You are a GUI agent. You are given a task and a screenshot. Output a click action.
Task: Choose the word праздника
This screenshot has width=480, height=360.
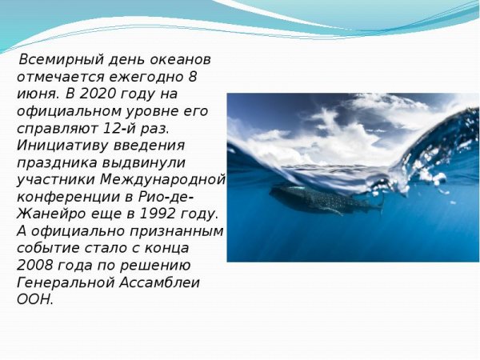(x=51, y=162)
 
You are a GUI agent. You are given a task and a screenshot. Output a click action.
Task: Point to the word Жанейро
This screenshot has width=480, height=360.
(x=48, y=214)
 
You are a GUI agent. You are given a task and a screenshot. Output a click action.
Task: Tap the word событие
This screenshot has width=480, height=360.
(x=46, y=248)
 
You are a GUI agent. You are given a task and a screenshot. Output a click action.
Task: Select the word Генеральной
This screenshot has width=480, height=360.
(x=63, y=282)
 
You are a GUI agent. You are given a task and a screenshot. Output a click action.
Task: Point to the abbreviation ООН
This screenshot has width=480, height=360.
(x=34, y=300)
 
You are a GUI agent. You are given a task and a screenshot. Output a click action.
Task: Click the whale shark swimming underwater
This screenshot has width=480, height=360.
(x=316, y=198)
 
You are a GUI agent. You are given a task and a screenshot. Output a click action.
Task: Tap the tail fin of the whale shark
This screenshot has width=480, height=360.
(x=379, y=203)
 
